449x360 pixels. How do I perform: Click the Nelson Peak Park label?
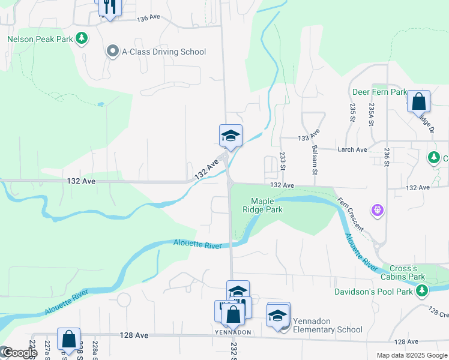click(40, 40)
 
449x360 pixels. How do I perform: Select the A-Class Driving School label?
click(164, 52)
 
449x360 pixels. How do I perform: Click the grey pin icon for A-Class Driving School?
click(112, 52)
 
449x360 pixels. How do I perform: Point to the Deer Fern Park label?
click(379, 92)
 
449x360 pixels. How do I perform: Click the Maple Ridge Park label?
click(266, 205)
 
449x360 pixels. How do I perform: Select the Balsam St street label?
click(313, 157)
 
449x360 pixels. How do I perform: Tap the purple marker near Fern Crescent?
click(377, 210)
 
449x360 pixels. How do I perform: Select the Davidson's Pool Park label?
click(373, 292)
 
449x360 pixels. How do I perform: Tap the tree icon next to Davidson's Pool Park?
click(423, 291)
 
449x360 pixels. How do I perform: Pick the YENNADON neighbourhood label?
click(233, 332)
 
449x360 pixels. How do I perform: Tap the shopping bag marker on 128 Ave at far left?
click(68, 339)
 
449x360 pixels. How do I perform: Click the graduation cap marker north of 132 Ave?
click(231, 136)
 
